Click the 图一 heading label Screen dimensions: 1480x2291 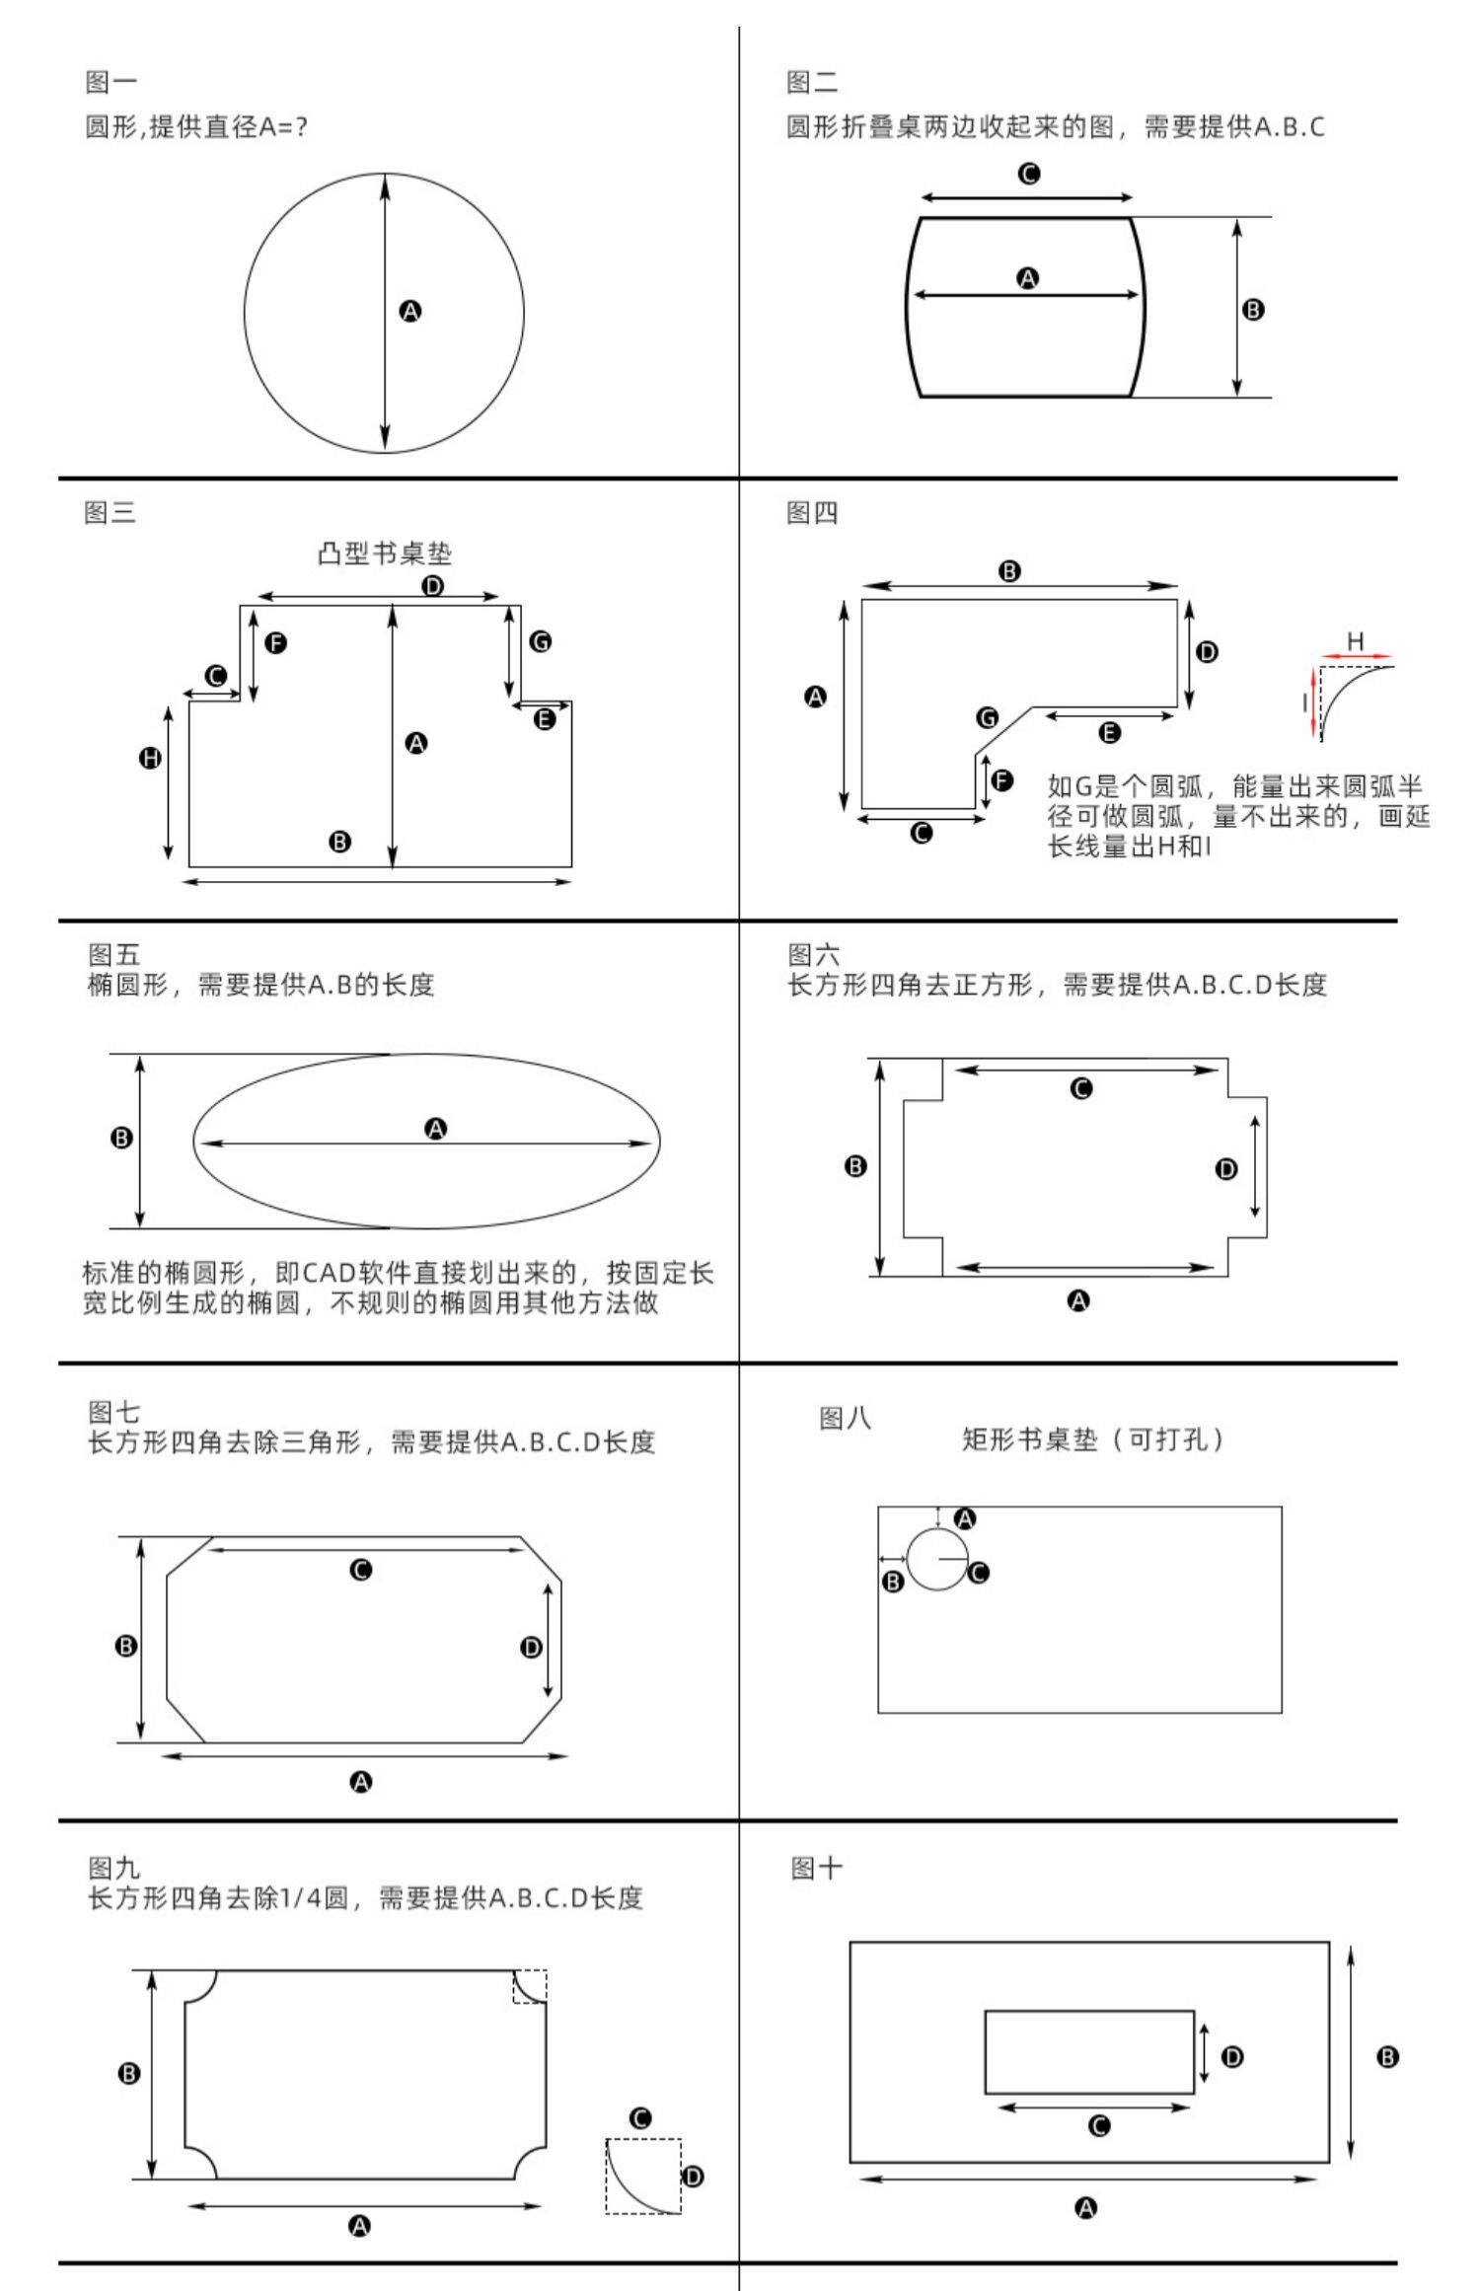click(111, 83)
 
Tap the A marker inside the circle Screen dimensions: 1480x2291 click(410, 312)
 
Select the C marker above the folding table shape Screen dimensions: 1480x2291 click(1028, 175)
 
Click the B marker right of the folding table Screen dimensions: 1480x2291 click(1253, 310)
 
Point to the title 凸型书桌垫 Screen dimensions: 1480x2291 click(385, 554)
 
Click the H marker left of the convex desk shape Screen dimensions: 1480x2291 click(150, 758)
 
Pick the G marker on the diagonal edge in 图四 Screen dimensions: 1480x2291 click(987, 717)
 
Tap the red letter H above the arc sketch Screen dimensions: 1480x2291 click(1356, 641)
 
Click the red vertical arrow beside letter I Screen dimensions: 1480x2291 click(1313, 703)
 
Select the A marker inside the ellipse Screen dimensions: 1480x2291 click(435, 1129)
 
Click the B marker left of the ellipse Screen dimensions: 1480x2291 click(121, 1138)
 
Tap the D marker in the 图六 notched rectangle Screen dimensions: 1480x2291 click(1226, 1169)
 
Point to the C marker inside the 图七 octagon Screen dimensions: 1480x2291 click(361, 1570)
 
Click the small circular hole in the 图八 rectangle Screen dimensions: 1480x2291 click(937, 1559)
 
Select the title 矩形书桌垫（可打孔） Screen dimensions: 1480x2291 click(1093, 1440)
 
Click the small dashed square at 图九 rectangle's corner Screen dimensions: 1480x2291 click(530, 1986)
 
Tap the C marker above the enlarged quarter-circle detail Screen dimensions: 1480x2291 click(639, 2118)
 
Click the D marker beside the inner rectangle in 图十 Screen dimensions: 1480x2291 click(1232, 2057)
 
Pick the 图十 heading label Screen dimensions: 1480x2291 click(816, 1869)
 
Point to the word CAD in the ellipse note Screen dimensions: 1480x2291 click(328, 1273)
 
